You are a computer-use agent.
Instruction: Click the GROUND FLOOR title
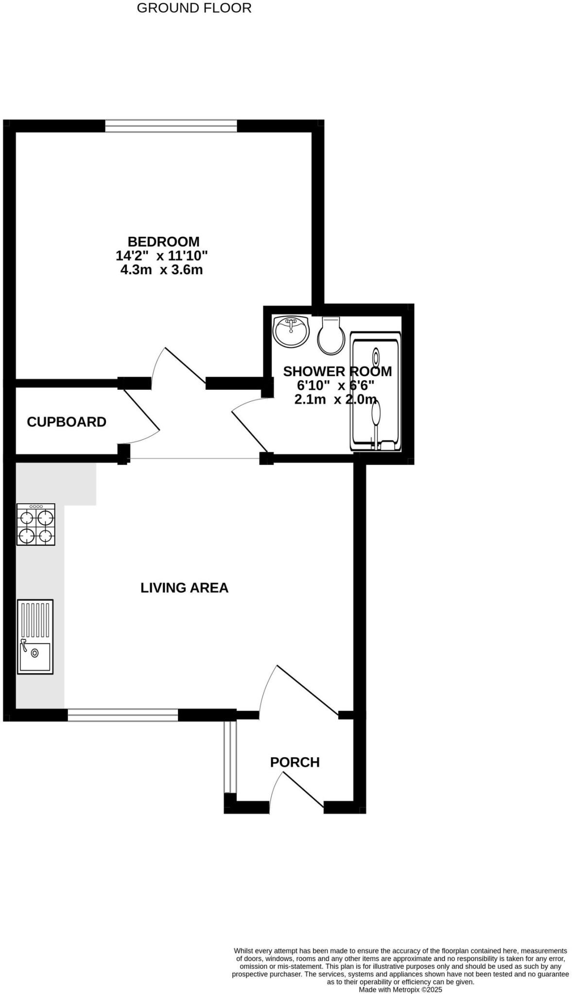click(x=194, y=8)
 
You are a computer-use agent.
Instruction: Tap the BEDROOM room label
click(x=163, y=241)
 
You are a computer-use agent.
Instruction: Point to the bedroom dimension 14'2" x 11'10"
click(x=161, y=255)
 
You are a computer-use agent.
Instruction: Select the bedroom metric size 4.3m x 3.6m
click(x=161, y=269)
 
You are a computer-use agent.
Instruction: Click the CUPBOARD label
click(x=67, y=422)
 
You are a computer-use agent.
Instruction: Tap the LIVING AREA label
click(x=184, y=588)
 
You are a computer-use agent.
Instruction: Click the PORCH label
click(x=295, y=762)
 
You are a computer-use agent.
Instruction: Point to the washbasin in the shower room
click(x=291, y=331)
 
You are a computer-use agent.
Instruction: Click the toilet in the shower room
click(x=331, y=336)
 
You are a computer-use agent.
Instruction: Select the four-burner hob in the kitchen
click(x=36, y=525)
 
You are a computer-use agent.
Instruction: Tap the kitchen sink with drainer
click(x=35, y=636)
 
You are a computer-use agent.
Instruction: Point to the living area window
click(x=123, y=714)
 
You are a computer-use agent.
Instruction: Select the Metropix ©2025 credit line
click(x=400, y=989)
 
